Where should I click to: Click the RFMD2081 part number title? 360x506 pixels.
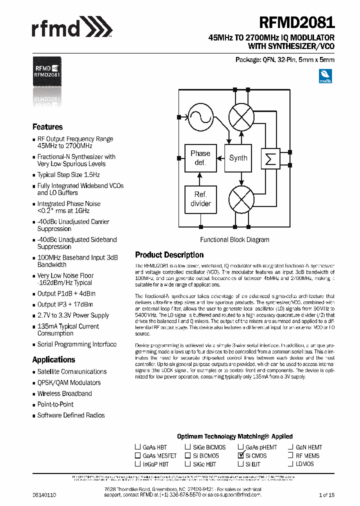(297, 23)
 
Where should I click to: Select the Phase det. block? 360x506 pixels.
(200, 158)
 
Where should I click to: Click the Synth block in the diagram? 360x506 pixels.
(238, 158)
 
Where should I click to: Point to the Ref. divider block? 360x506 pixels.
(200, 198)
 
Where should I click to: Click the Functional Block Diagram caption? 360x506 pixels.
(234, 239)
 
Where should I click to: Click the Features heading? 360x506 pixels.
(47, 127)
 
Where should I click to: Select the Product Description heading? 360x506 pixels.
(169, 255)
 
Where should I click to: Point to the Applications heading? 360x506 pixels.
(53, 359)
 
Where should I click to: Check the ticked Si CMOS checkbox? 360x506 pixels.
(241, 455)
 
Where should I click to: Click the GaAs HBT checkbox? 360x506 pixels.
(137, 447)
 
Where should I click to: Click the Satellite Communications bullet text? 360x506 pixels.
(72, 371)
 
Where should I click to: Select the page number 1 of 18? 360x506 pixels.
(326, 494)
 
